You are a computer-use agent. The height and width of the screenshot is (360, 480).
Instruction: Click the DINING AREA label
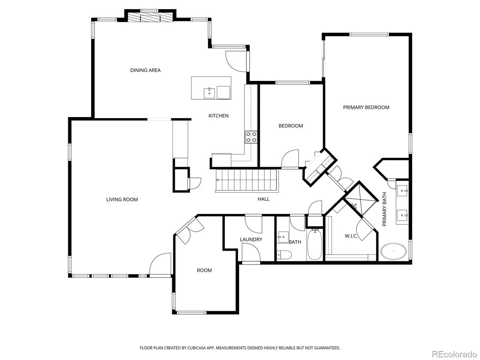pyautogui.click(x=145, y=70)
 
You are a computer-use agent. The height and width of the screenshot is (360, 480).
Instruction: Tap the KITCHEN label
pyautogui.click(x=218, y=116)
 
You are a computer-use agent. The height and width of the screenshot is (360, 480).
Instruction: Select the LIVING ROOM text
pyautogui.click(x=122, y=199)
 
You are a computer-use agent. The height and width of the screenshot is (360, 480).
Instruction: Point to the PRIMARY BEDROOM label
pyautogui.click(x=366, y=107)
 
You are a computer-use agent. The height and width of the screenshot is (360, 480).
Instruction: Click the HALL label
pyautogui.click(x=263, y=199)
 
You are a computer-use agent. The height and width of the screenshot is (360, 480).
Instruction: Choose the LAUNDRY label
pyautogui.click(x=251, y=239)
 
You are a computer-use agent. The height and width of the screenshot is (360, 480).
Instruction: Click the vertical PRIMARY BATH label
pyautogui.click(x=384, y=212)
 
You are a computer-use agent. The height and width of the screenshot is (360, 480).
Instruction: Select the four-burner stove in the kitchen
pyautogui.click(x=251, y=137)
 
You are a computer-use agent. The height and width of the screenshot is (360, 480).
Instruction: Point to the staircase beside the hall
pyautogui.click(x=246, y=180)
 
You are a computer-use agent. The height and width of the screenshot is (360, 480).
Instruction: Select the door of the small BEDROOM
pyautogui.click(x=289, y=159)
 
